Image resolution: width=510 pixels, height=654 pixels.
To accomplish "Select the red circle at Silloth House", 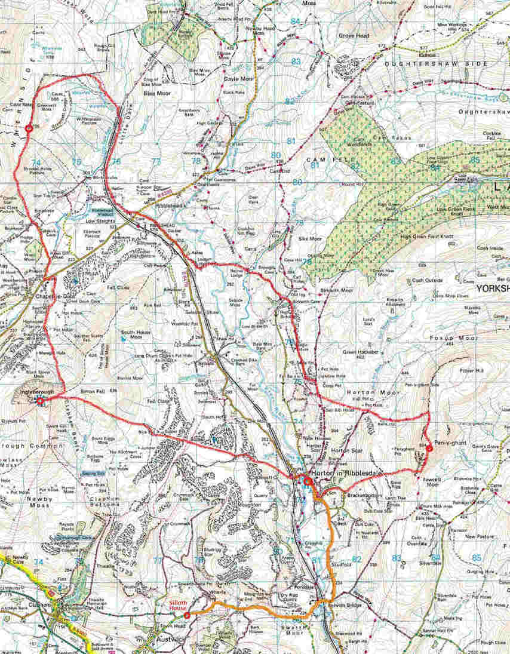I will (x=187, y=615).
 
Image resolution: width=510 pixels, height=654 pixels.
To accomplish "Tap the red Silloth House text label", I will (x=179, y=604).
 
